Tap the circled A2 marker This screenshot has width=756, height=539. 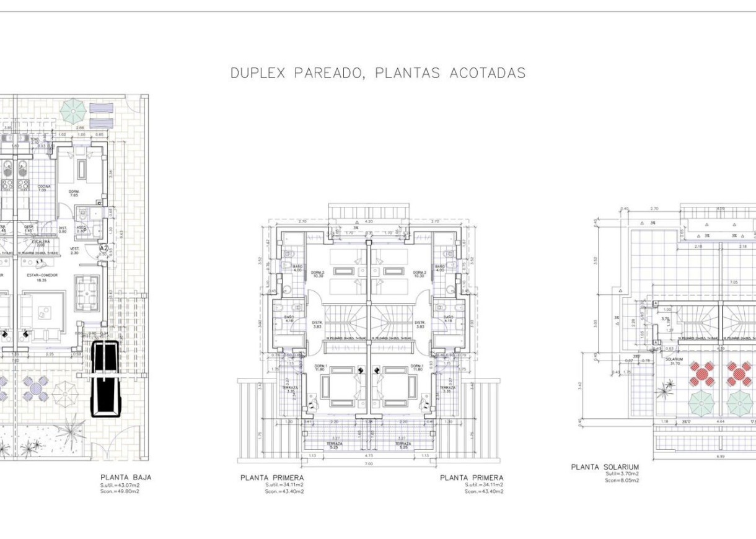pos(104,248)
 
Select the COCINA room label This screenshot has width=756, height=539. pos(44,188)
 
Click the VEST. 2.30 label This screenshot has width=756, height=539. pos(74,251)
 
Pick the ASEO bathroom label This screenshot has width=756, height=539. pos(81,229)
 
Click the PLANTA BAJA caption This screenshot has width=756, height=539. pos(126,478)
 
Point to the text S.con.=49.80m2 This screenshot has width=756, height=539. pos(120,492)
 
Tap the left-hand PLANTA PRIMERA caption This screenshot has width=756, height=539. pos(272,478)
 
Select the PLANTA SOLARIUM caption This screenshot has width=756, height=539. pos(605,467)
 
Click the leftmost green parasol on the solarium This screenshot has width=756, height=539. pos(702,404)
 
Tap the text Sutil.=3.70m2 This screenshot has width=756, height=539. pos(622,474)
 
